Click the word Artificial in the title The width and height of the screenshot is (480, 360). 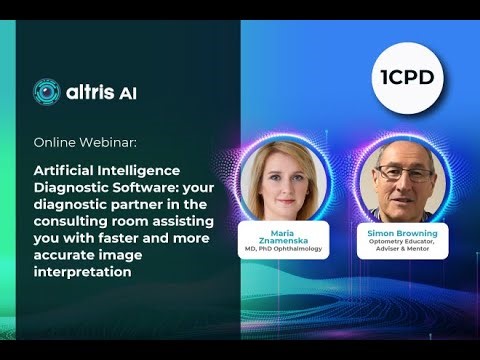coord(65,171)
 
